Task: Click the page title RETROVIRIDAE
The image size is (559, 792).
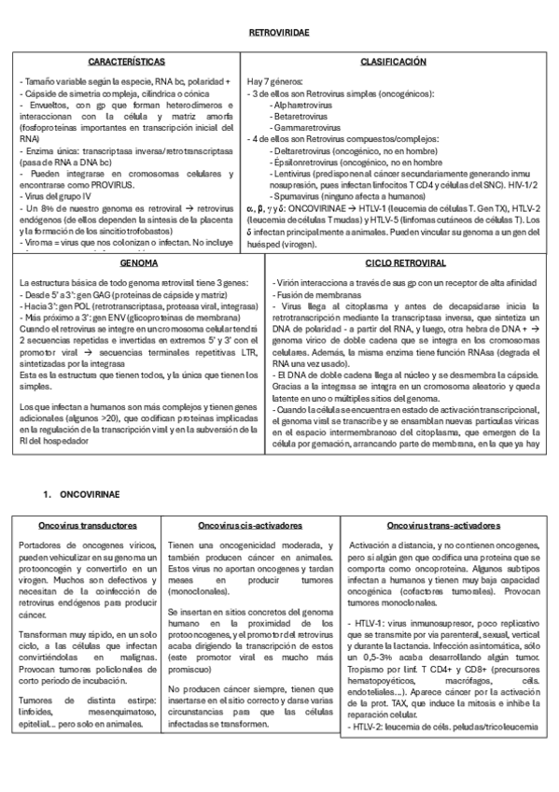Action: pos(279,33)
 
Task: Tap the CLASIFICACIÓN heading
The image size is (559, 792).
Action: pos(393,62)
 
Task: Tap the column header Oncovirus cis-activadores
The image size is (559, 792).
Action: pos(249,525)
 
